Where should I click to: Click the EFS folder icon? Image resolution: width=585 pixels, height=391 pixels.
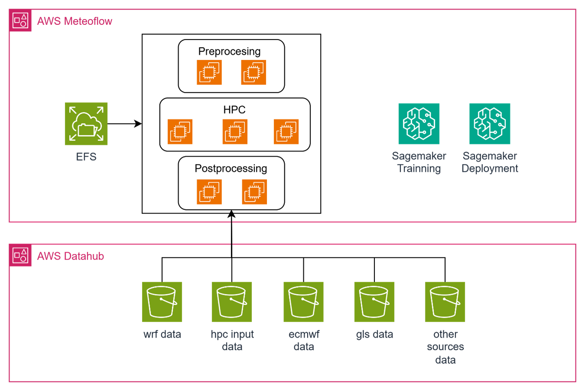point(86,124)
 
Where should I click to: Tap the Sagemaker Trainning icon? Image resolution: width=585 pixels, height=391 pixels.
point(419,124)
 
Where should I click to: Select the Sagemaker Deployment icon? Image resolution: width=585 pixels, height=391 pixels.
point(490,124)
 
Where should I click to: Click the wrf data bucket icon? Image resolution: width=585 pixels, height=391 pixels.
point(162,302)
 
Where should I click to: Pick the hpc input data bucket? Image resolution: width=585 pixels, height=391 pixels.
point(232,302)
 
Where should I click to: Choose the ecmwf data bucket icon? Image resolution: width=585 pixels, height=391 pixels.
point(303,302)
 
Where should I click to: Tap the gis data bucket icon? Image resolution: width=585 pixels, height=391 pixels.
point(374,302)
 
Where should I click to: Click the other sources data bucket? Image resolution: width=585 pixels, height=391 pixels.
point(445,302)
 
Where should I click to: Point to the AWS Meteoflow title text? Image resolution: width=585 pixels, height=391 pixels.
point(75,21)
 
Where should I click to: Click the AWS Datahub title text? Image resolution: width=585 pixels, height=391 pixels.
point(71,256)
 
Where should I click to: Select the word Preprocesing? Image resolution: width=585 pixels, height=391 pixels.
point(229,51)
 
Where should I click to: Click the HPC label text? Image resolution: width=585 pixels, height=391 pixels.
point(234,110)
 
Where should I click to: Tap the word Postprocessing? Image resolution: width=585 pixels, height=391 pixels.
point(231,168)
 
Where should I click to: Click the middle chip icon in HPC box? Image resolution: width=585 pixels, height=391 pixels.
point(235,131)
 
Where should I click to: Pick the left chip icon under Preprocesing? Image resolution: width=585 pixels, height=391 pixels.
point(209,72)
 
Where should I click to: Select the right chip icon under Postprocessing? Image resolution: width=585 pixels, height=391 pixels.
point(254,192)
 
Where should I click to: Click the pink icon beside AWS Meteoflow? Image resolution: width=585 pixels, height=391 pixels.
point(20,21)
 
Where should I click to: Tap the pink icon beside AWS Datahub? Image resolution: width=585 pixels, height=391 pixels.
point(20,256)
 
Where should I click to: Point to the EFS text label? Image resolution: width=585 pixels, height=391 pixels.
point(86,157)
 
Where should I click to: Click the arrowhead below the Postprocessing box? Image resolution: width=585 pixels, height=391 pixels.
point(231,212)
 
